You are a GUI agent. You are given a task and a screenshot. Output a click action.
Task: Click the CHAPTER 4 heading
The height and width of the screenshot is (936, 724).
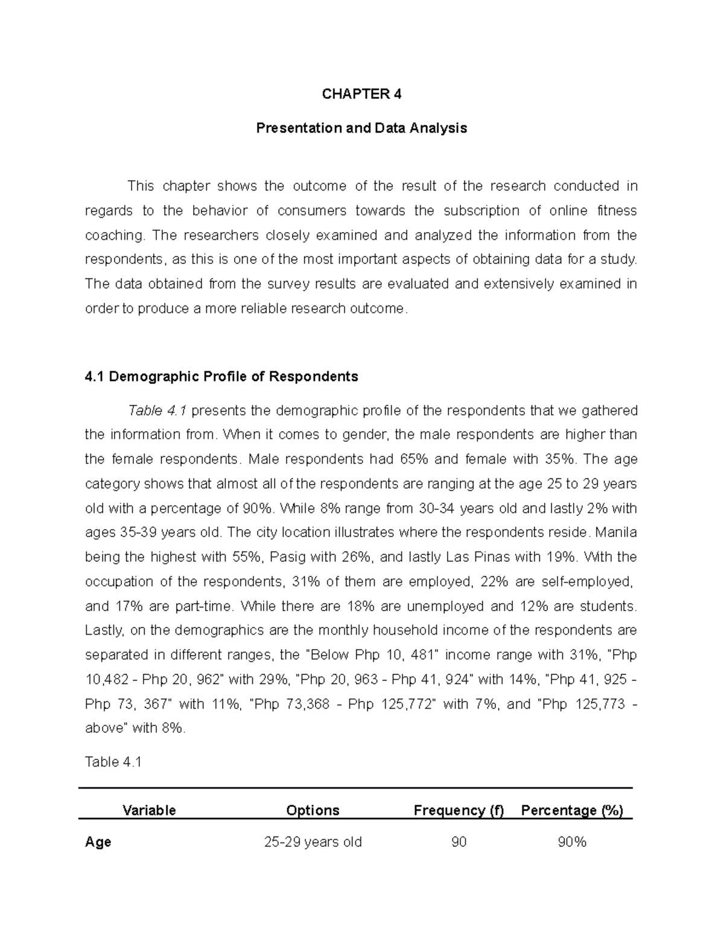(x=361, y=94)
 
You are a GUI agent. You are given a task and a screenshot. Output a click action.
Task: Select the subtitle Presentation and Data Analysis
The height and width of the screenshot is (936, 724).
(x=361, y=128)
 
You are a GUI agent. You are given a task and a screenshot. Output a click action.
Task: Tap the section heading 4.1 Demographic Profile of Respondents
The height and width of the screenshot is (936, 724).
(x=221, y=377)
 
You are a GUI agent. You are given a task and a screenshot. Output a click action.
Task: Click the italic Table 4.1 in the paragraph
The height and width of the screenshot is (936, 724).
(x=157, y=411)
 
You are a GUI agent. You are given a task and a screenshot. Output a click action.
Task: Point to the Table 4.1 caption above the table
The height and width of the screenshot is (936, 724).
(x=113, y=762)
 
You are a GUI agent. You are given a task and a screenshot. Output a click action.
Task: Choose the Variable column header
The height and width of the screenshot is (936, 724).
(x=149, y=810)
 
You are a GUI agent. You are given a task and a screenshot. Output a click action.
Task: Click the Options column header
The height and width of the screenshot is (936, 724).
(x=313, y=810)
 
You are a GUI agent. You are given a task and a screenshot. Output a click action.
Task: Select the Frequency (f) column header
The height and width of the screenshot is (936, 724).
(x=459, y=810)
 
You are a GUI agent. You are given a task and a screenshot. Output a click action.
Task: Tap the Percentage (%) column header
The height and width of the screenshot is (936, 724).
(x=572, y=810)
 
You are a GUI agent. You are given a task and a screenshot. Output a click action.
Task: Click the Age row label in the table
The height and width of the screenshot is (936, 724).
(x=98, y=842)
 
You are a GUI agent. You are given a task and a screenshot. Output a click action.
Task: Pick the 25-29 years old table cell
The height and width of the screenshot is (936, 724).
(x=313, y=842)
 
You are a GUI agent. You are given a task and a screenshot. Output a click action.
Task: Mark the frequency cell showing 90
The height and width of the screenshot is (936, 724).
(x=459, y=842)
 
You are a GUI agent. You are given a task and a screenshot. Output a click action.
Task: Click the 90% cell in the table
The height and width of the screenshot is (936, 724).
(x=572, y=842)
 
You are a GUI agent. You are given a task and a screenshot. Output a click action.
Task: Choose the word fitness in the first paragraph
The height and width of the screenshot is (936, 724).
(x=617, y=211)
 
